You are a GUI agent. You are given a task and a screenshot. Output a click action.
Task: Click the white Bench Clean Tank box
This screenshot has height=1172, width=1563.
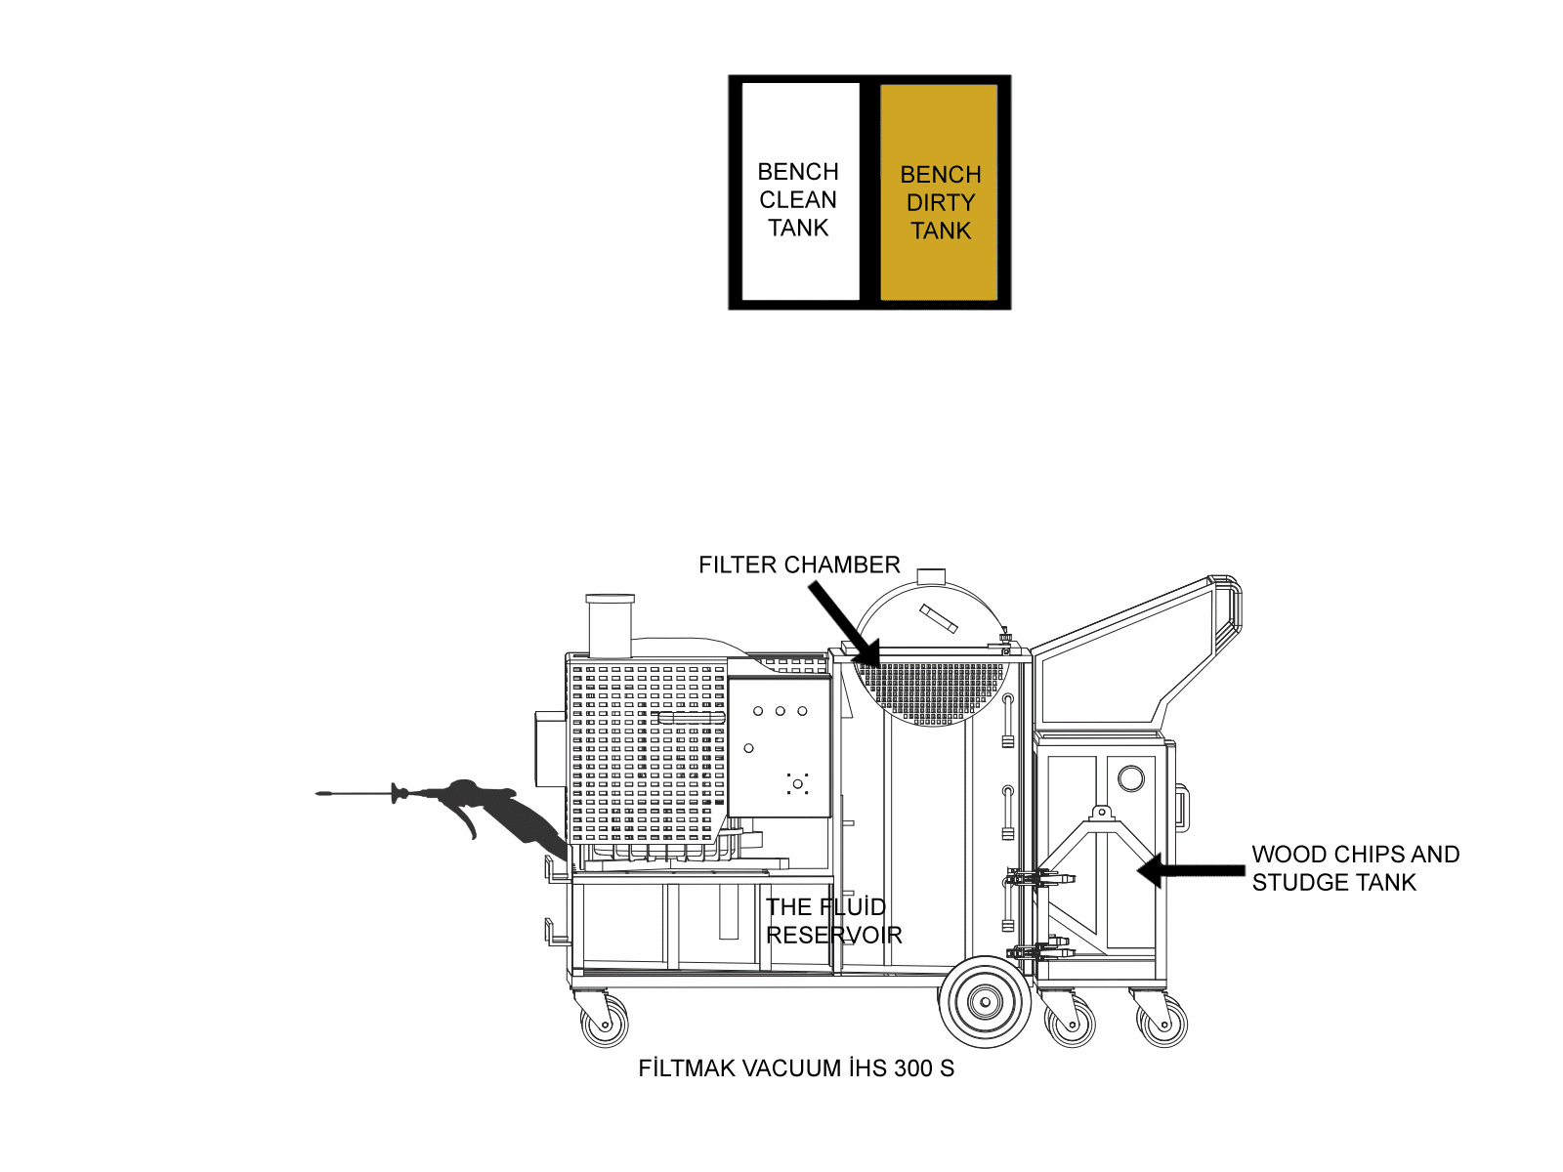tap(800, 191)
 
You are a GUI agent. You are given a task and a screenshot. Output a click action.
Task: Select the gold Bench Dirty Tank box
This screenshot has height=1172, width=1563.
tap(939, 192)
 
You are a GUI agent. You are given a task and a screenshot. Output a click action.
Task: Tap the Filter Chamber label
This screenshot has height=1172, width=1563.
tap(799, 565)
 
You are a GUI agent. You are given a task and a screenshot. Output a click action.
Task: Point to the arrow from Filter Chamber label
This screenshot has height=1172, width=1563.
tap(845, 623)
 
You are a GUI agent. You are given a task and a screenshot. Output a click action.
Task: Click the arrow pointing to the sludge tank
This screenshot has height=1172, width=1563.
tap(1191, 870)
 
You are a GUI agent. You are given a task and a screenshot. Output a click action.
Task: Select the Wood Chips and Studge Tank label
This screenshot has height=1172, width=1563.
tap(1356, 868)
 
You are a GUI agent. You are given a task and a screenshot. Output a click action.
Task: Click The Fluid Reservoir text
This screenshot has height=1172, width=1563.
tap(834, 921)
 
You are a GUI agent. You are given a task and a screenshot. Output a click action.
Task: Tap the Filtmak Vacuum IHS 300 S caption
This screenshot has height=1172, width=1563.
tap(796, 1068)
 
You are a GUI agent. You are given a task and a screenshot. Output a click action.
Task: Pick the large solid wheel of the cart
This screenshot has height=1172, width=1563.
tap(985, 1002)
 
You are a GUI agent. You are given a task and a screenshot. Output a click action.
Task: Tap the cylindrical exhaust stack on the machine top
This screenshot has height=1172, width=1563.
tap(610, 626)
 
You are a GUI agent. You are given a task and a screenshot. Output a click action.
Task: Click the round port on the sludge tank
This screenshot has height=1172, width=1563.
tap(1131, 778)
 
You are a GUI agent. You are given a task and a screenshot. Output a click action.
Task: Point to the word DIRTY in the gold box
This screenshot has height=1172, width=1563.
tap(941, 203)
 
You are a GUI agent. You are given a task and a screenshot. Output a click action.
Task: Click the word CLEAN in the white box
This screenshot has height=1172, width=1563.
tap(797, 200)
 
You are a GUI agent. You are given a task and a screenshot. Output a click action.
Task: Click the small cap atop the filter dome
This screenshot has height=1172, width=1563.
tap(931, 576)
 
